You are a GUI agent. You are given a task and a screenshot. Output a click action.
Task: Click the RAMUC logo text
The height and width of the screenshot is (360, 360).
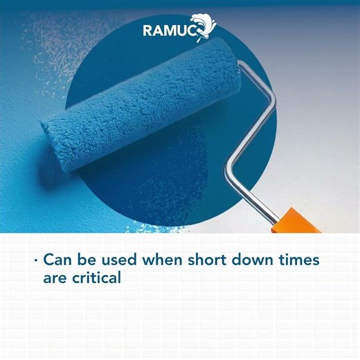(x=169, y=30)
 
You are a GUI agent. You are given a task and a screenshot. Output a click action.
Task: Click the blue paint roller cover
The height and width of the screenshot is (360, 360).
(x=138, y=104)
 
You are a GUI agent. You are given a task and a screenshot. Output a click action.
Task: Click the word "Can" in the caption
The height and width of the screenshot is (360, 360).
(x=57, y=261)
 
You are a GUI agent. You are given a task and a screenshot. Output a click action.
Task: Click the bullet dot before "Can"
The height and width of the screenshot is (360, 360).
(x=35, y=262)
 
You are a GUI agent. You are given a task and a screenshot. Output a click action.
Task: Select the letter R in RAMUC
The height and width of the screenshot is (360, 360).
(x=148, y=30)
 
